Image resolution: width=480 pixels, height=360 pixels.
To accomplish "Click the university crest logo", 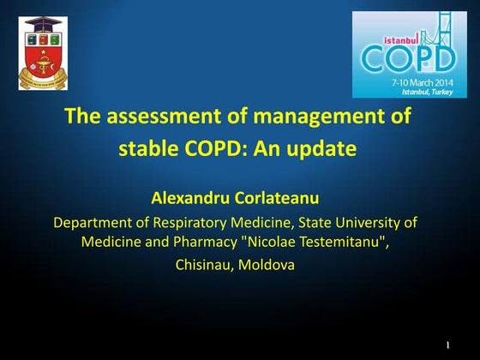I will click(43, 52).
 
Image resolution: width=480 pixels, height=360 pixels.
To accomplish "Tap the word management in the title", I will click(311, 117).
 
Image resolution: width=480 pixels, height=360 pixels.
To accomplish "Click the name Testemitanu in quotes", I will click(338, 243).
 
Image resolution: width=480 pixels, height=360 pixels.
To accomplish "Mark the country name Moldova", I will click(267, 265).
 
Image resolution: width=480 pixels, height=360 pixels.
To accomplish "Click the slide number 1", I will click(448, 345).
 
